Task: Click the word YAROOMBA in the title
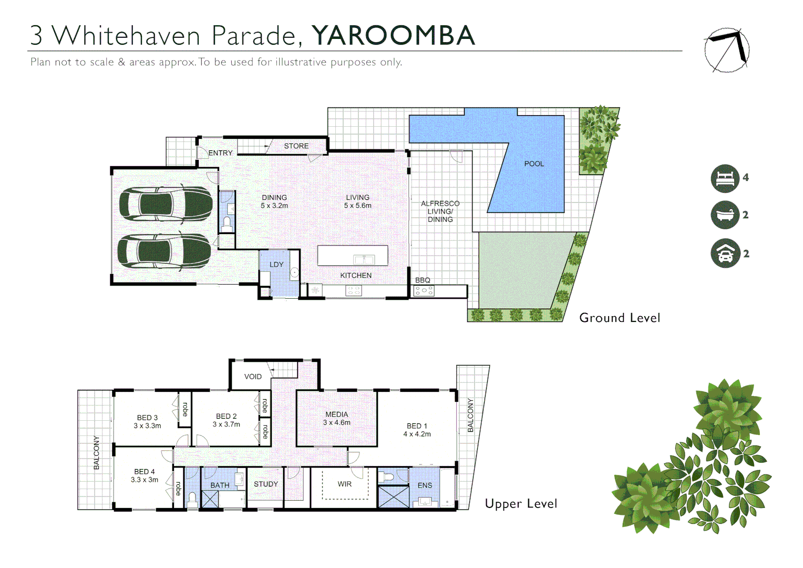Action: pyautogui.click(x=393, y=35)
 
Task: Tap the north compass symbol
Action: pyautogui.click(x=727, y=50)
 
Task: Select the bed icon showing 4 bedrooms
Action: pyautogui.click(x=725, y=178)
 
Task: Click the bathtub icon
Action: pyautogui.click(x=725, y=215)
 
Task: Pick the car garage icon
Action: pyautogui.click(x=725, y=253)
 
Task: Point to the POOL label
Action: pyautogui.click(x=534, y=164)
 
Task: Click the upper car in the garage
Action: pyautogui.click(x=166, y=204)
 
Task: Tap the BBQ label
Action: pyautogui.click(x=423, y=280)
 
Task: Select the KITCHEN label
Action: pyautogui.click(x=356, y=275)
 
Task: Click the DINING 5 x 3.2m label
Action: pyautogui.click(x=274, y=201)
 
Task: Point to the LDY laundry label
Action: pyautogui.click(x=276, y=265)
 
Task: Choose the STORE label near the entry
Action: pyautogui.click(x=296, y=146)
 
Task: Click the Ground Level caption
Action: pyautogui.click(x=620, y=318)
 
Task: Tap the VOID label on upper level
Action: pyautogui.click(x=253, y=377)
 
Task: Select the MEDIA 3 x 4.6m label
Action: pyautogui.click(x=336, y=418)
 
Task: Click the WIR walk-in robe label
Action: pyautogui.click(x=345, y=484)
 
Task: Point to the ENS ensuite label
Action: pyautogui.click(x=425, y=485)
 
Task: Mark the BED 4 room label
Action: pyautogui.click(x=145, y=475)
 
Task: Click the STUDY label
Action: pyautogui.click(x=266, y=484)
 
